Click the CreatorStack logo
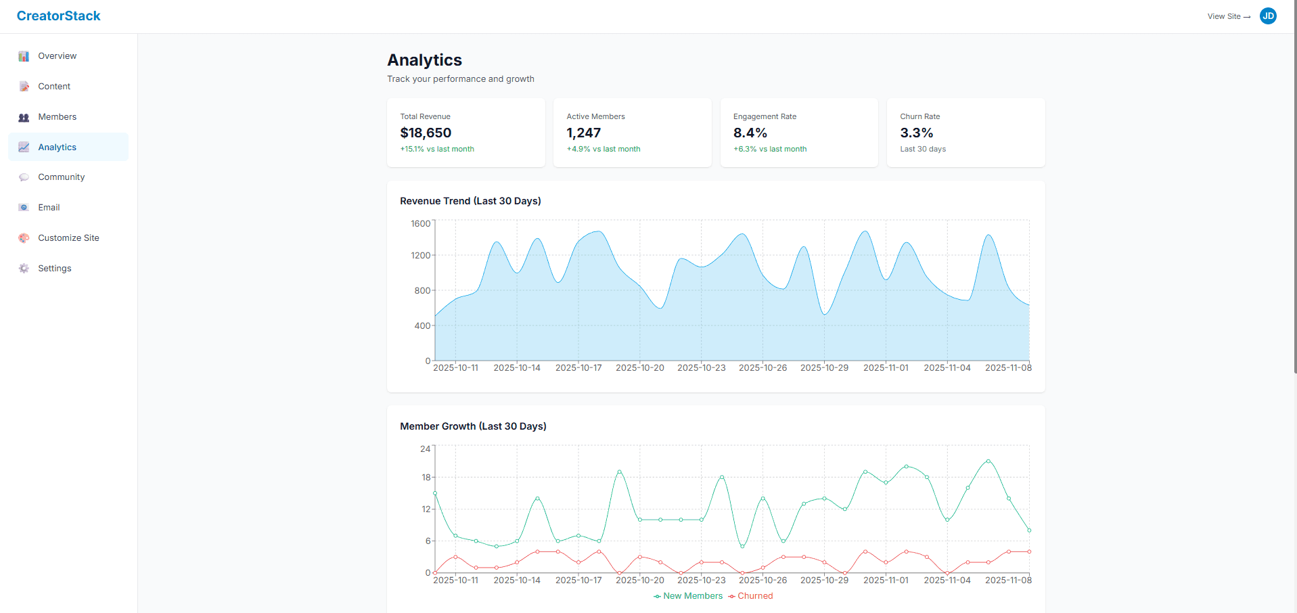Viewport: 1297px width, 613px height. coord(58,16)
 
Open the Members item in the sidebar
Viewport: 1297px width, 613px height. coord(57,117)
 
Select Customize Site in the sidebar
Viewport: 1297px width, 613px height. coord(68,238)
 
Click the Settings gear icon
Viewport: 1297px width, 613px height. coord(24,269)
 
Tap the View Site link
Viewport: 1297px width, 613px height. coord(1228,16)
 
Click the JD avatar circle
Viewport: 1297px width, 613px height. coord(1268,16)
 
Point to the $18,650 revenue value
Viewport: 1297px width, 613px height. coord(426,133)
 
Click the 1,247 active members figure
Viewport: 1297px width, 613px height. coord(583,133)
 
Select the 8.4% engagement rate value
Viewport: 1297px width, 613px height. coord(750,133)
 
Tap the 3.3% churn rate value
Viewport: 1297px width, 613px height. coord(916,133)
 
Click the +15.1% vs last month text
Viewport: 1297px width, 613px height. coord(437,149)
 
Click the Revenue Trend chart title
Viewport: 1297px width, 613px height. coord(470,201)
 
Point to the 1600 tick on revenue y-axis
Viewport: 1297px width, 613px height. coord(420,224)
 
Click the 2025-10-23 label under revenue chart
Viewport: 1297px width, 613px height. coord(701,368)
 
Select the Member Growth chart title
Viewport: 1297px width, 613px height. coord(473,426)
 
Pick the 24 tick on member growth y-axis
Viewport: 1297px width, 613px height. coord(425,449)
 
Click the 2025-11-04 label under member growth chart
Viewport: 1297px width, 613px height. coord(947,581)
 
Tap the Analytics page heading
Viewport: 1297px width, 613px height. coord(424,60)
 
